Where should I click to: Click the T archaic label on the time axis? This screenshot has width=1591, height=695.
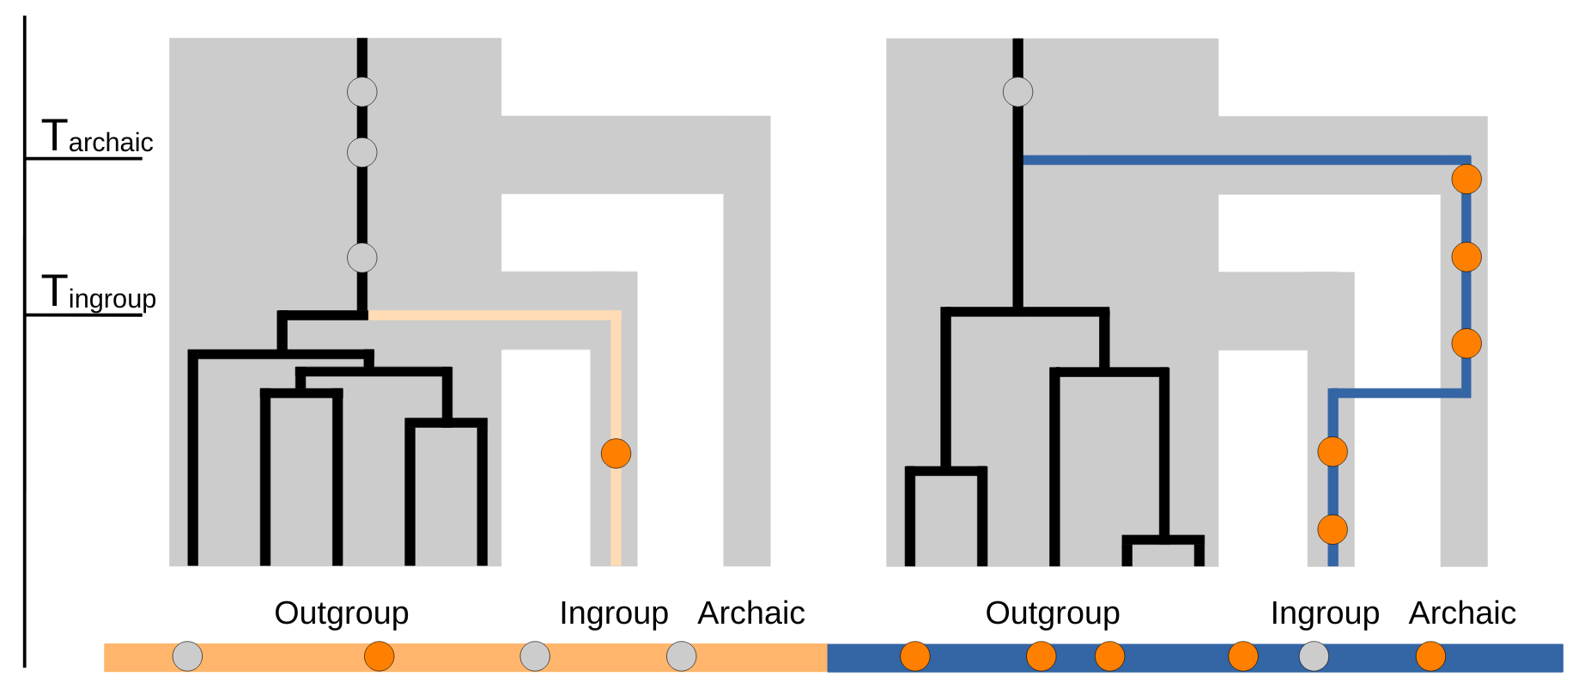tap(98, 137)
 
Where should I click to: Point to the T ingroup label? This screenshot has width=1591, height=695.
tap(100, 294)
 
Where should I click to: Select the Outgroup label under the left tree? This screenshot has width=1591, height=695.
tap(341, 613)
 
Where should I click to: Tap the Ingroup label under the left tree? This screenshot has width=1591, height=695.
tap(613, 613)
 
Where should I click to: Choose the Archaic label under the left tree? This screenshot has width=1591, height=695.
tap(750, 613)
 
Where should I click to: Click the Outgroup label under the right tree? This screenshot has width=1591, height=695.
tap(1052, 613)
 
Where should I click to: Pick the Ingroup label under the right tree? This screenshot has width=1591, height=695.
tap(1324, 613)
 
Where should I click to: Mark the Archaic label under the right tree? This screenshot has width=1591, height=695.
tap(1461, 613)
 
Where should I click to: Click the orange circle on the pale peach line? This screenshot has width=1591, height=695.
tap(616, 453)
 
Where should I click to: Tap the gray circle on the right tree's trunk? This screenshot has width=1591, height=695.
tap(1017, 91)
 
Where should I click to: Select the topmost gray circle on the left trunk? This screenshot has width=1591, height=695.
tap(361, 91)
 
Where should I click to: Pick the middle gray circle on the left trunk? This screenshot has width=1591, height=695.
tap(361, 152)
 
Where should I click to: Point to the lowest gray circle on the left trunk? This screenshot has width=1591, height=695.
tap(361, 257)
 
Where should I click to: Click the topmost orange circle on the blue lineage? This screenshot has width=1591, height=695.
tap(1466, 179)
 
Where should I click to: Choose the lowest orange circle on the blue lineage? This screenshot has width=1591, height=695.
tap(1332, 529)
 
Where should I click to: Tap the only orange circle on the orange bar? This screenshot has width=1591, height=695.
tap(379, 656)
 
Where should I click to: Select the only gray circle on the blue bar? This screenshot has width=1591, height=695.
tap(1313, 656)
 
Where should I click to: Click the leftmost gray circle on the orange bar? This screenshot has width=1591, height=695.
tap(187, 656)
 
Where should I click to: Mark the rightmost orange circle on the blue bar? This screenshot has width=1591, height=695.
tap(1430, 656)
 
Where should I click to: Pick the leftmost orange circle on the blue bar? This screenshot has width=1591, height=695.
tap(914, 656)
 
